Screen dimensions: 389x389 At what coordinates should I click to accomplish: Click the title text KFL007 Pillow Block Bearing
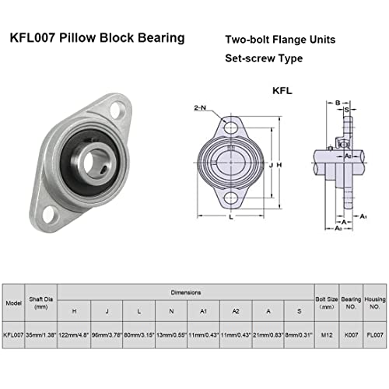point(96,37)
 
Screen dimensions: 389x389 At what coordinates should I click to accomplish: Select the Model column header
point(13,305)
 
